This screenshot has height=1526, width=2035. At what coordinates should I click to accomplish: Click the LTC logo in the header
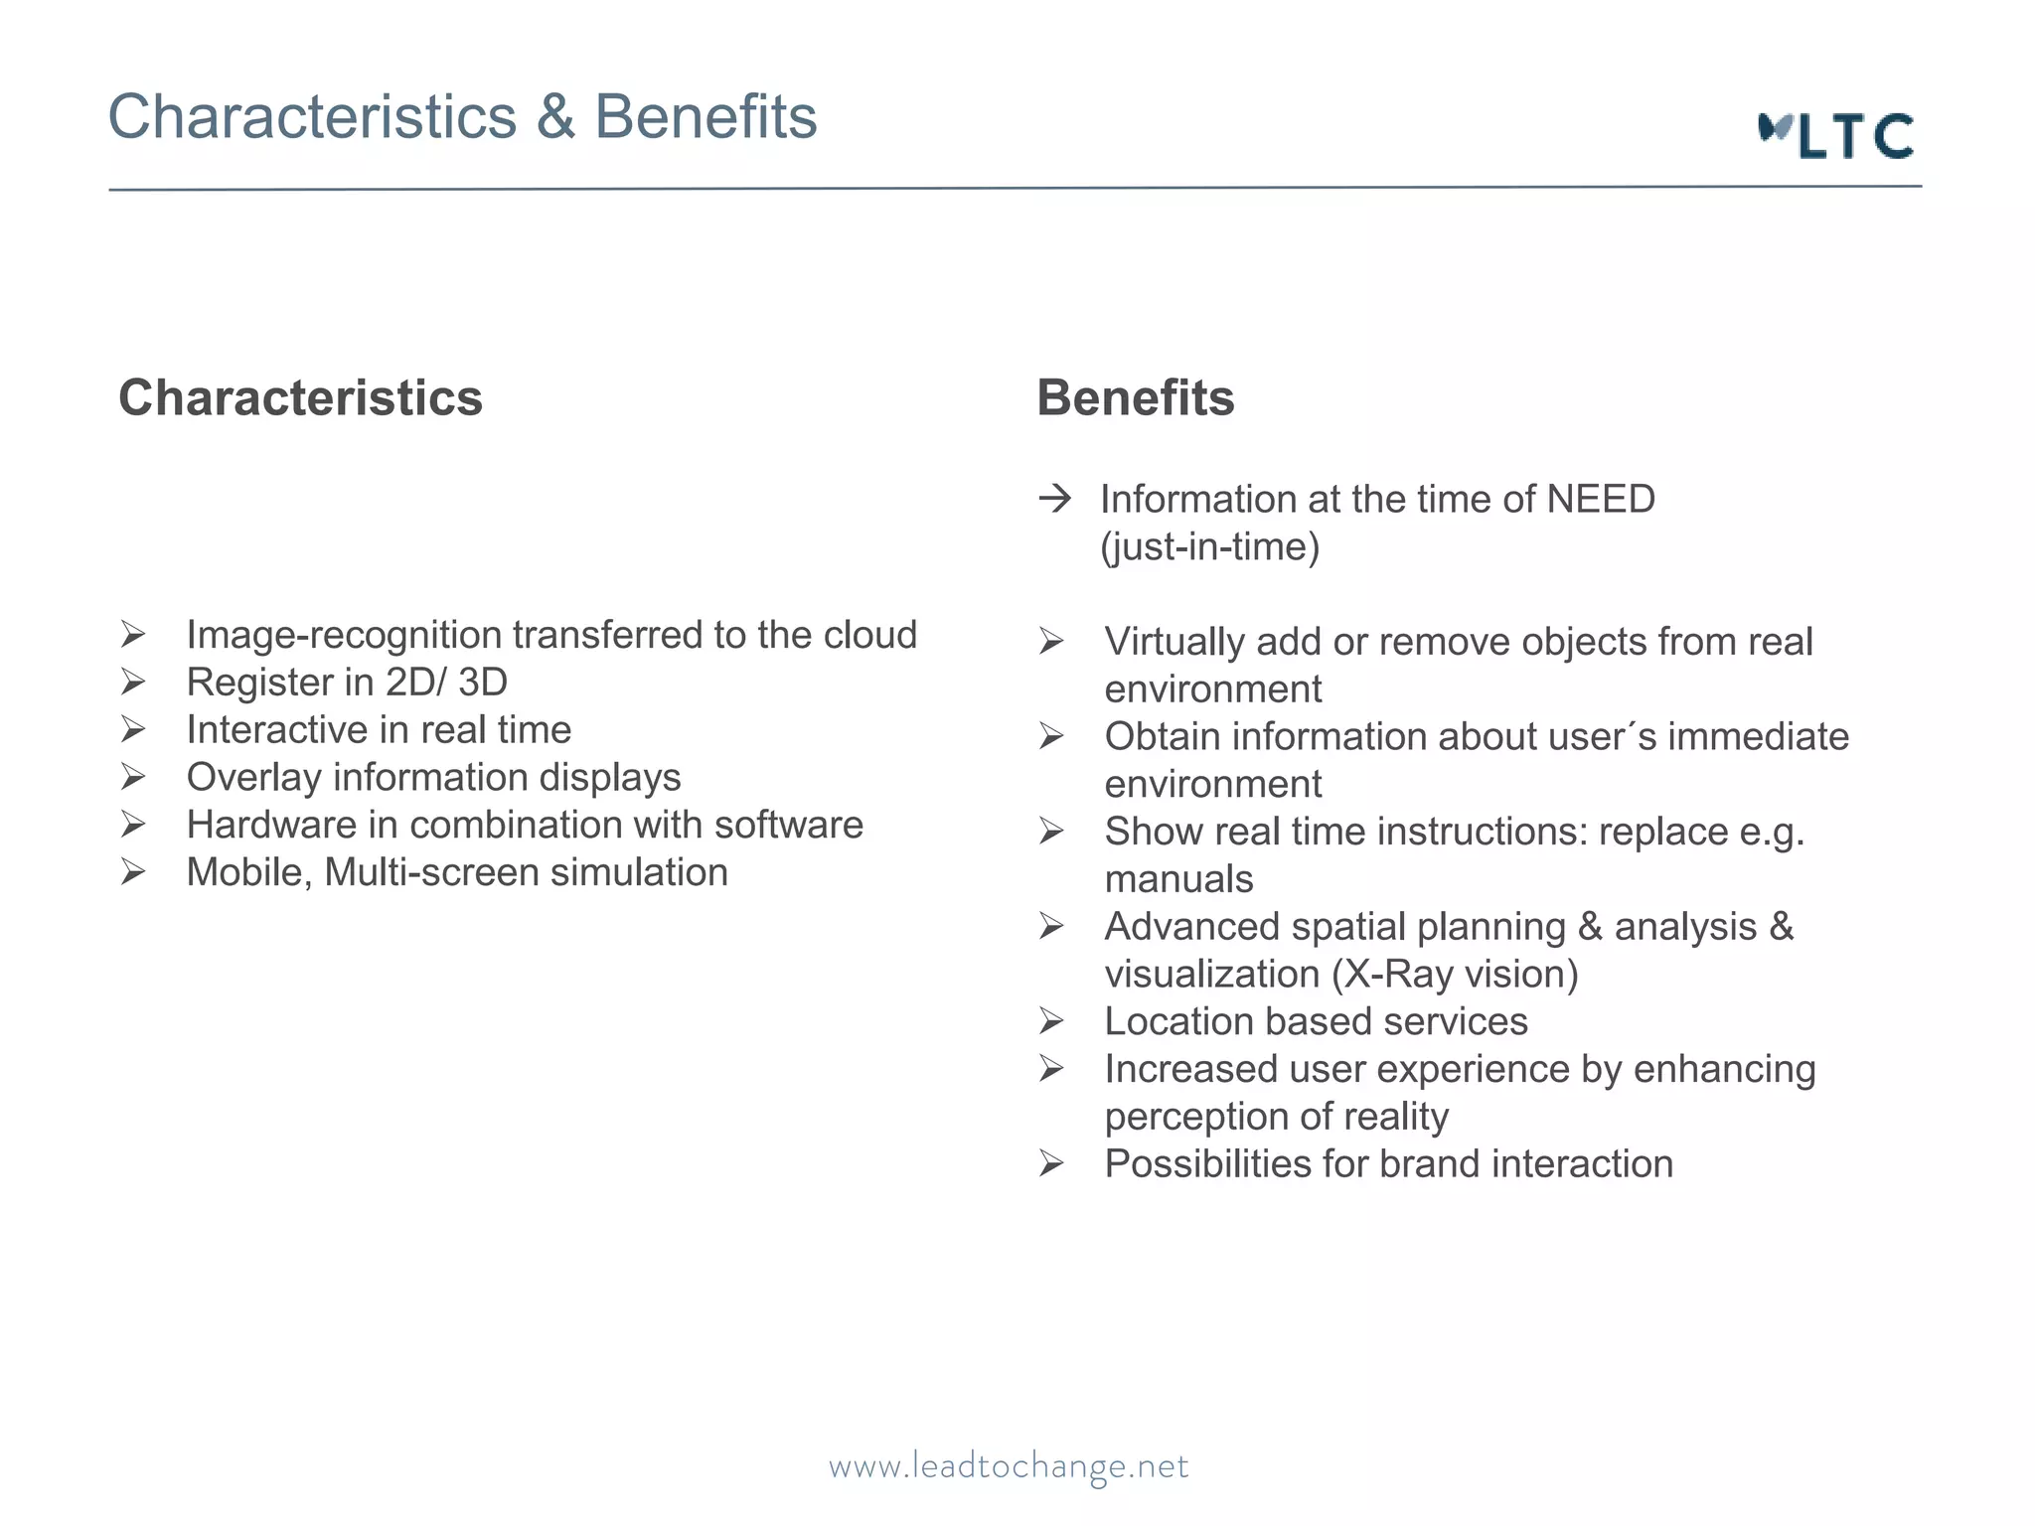1836,136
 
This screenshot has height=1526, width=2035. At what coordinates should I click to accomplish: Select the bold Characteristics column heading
300,398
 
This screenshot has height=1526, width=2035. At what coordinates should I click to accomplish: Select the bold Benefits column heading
1135,398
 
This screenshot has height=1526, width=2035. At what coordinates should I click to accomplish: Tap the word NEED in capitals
1601,499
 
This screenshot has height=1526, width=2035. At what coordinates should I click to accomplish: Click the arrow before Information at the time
1055,498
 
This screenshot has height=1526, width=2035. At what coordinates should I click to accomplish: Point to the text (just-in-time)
1209,546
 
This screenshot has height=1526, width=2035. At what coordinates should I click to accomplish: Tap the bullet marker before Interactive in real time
133,730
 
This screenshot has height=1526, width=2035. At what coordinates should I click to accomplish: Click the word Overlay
254,778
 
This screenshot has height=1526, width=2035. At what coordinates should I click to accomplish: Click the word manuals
1178,879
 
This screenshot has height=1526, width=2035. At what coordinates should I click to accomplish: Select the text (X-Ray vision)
1456,975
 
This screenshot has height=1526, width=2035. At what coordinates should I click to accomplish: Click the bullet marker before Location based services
1051,1021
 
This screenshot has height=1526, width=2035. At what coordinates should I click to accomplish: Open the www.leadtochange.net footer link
1009,1466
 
